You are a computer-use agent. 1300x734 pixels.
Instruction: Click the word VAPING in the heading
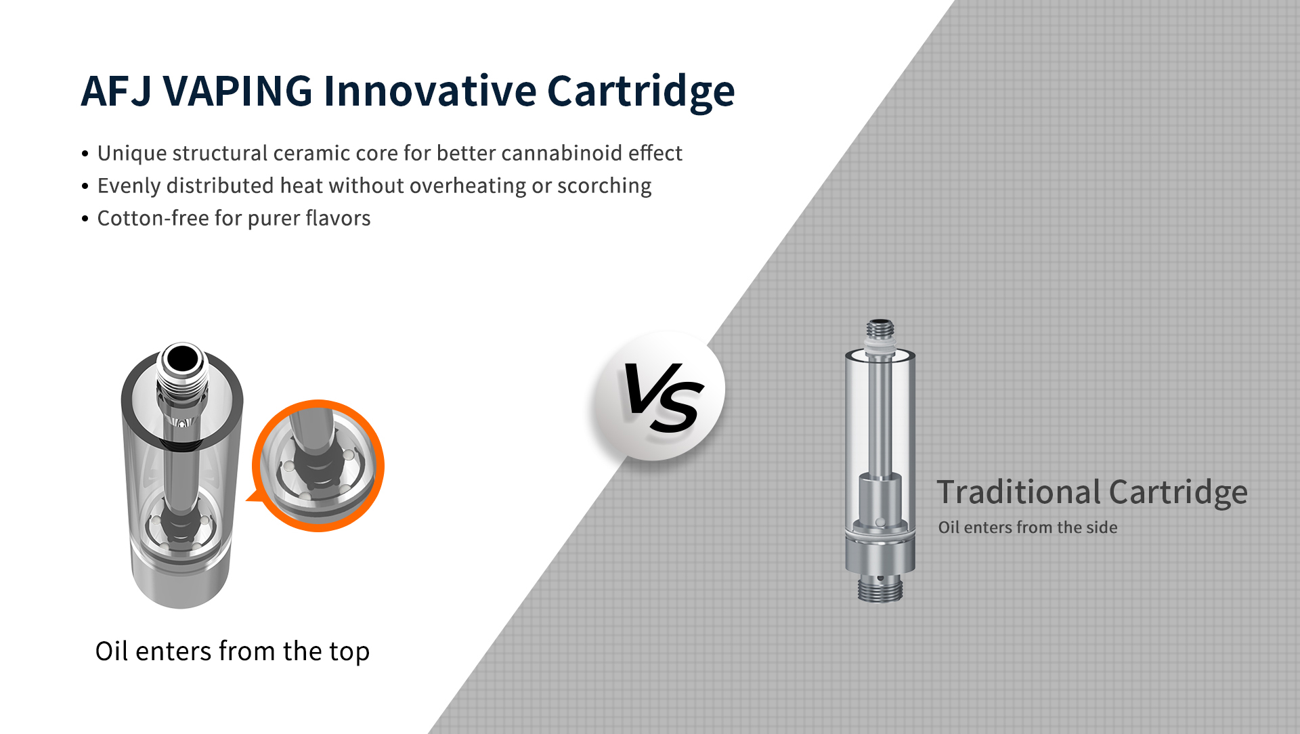238,91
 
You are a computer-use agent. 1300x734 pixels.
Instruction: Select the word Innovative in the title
430,91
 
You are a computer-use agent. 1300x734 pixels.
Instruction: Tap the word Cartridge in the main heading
641,92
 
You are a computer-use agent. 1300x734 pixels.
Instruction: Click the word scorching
604,186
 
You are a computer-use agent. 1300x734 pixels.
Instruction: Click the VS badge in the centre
659,397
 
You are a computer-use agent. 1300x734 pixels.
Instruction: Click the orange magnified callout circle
318,466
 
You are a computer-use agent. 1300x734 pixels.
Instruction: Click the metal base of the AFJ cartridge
181,576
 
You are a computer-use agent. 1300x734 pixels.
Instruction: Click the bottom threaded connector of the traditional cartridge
880,588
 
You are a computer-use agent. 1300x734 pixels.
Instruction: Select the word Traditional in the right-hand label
1019,492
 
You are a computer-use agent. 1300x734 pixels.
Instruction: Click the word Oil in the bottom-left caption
112,651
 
